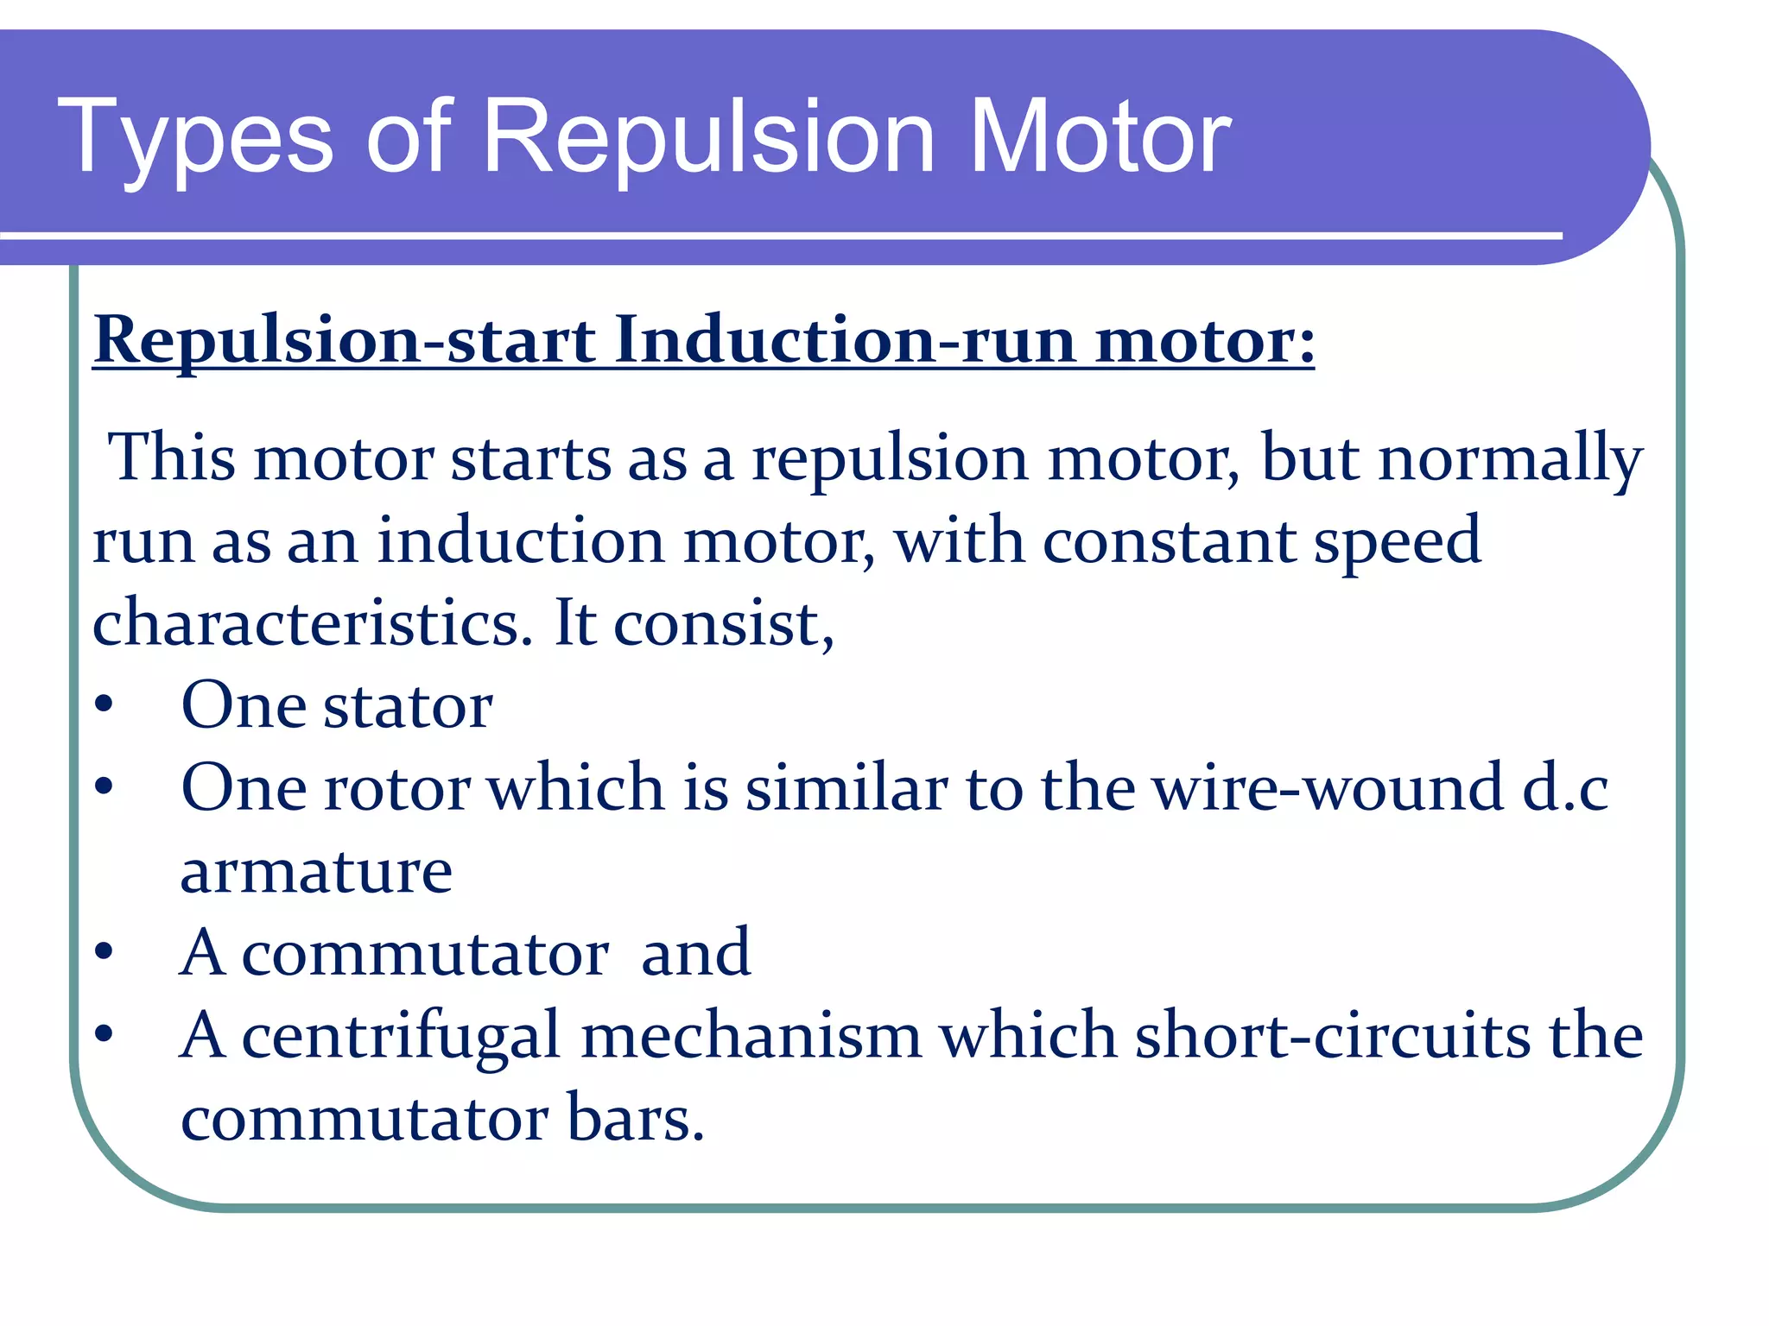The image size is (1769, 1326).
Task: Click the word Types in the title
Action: [195, 138]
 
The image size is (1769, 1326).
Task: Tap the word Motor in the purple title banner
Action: [1100, 138]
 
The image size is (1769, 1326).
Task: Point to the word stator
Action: [408, 706]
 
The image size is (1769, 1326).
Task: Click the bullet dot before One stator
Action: [105, 705]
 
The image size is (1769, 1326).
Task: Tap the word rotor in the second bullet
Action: [396, 788]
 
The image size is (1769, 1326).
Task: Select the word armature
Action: [316, 872]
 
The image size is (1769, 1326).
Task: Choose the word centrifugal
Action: [401, 1036]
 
